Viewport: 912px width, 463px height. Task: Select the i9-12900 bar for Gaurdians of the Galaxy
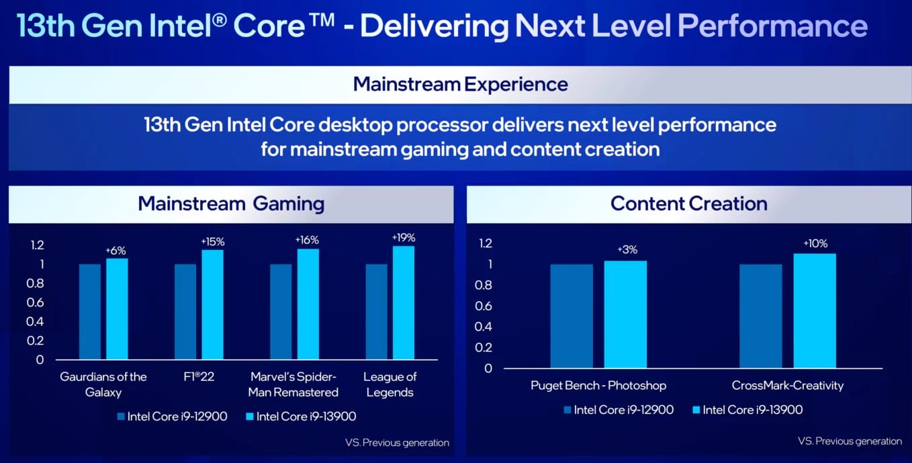pos(89,311)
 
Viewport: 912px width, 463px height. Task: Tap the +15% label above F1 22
pos(212,241)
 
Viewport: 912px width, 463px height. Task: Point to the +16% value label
pos(307,240)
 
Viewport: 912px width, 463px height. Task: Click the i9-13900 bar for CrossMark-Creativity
pos(815,310)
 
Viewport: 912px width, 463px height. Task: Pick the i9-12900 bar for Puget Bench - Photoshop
pos(572,316)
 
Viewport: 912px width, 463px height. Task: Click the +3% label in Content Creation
pos(626,250)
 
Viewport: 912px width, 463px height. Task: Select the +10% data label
pos(815,243)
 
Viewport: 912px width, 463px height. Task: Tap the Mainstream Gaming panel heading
pos(231,204)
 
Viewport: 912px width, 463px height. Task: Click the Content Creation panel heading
pos(688,204)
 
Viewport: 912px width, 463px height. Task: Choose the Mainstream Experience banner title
pos(460,84)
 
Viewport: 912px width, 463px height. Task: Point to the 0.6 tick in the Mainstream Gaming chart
pos(35,302)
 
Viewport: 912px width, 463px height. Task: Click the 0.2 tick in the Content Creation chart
pos(484,347)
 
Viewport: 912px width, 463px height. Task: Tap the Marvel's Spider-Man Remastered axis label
pos(293,384)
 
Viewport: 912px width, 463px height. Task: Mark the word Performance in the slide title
pos(772,26)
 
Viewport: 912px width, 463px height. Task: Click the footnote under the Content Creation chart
pos(850,441)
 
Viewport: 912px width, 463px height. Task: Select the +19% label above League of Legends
pos(404,237)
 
